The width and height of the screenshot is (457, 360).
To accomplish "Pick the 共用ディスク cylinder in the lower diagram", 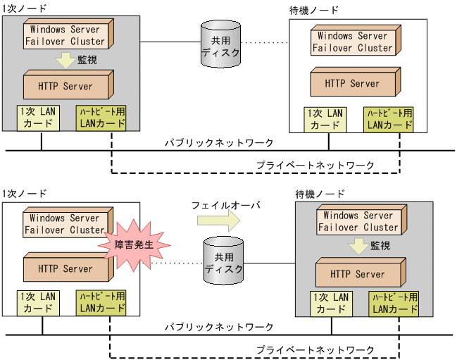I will click(x=224, y=260).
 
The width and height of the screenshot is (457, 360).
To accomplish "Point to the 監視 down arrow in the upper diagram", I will click(x=65, y=61).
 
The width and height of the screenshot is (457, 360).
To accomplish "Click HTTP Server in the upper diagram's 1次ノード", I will click(x=67, y=86).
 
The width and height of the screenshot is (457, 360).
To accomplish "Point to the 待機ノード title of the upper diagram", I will click(x=313, y=10).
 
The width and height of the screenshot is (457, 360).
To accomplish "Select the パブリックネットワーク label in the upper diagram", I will click(x=219, y=143).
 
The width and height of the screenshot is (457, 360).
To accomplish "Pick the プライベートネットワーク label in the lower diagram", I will click(x=315, y=349).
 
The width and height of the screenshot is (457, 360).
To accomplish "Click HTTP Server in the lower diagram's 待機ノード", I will click(x=359, y=274).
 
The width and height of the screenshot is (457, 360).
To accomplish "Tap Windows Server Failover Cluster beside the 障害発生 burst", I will click(x=64, y=224).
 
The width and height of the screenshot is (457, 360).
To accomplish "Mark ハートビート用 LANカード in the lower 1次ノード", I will click(x=101, y=302).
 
